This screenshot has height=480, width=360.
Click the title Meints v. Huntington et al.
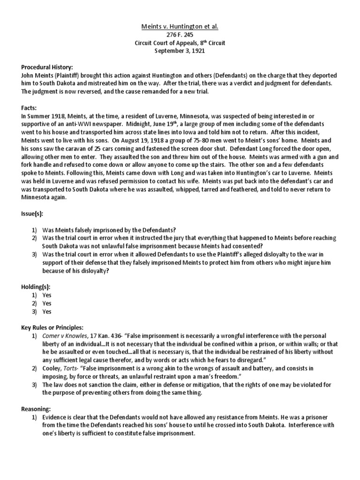pos(180,27)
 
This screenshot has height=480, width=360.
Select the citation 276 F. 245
pos(180,35)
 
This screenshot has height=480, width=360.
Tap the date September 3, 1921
pos(180,51)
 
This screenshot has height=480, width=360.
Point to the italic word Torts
pos(73,368)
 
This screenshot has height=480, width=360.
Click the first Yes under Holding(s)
pos(47,295)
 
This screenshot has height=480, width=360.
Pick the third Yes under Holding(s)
pos(47,311)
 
